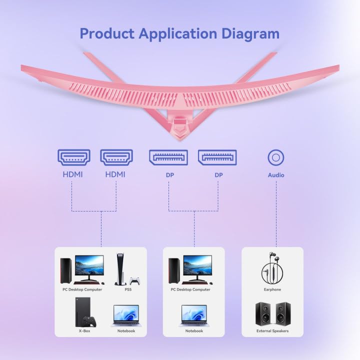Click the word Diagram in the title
point(250,34)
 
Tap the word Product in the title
point(107,33)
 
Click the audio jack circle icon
point(276,157)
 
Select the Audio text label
point(276,175)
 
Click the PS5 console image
point(120,269)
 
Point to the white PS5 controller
point(134,281)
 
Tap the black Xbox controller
point(89,322)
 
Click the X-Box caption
point(84,331)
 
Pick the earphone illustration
point(272,268)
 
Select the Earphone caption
point(272,289)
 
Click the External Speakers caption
point(272,331)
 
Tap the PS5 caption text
point(128,289)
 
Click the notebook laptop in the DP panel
point(194,315)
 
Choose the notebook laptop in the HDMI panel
point(126,315)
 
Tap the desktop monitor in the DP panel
point(197,267)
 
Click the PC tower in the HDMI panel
point(66,270)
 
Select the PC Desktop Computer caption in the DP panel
point(190,289)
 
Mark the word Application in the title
point(178,34)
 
